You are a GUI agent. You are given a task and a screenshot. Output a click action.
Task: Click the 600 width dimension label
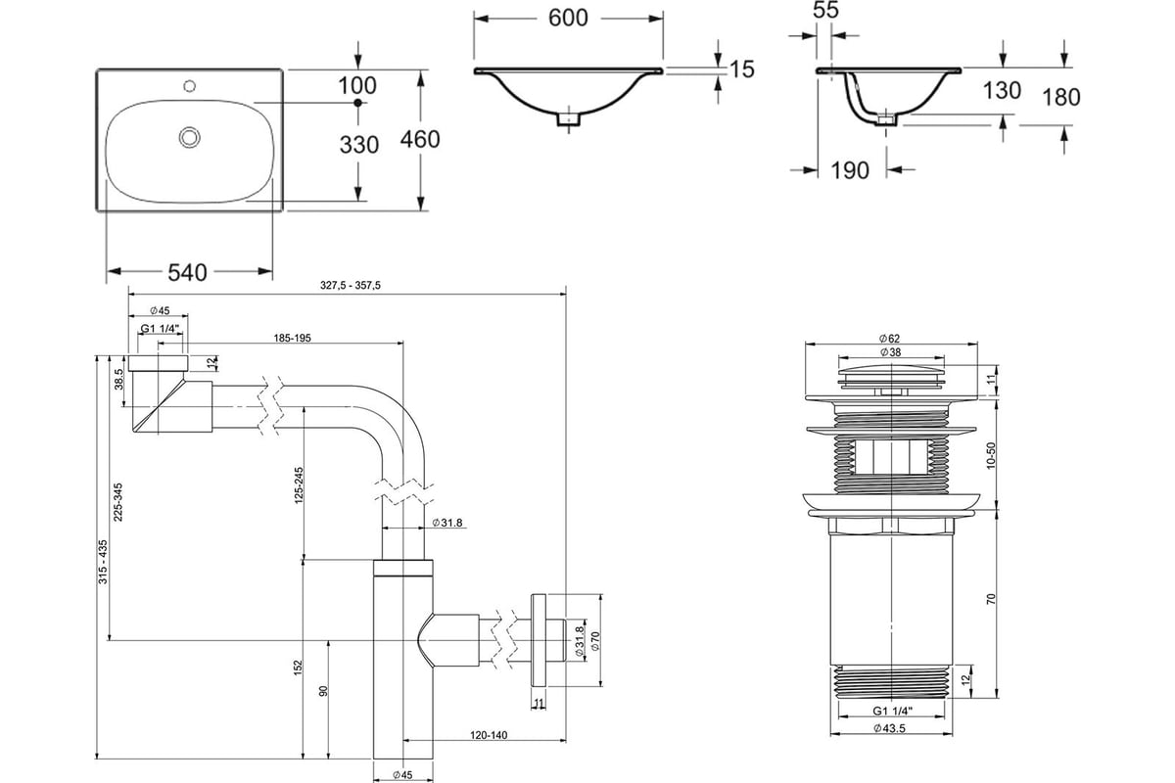click(568, 19)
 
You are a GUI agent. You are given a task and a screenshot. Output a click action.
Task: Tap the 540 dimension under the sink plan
click(187, 272)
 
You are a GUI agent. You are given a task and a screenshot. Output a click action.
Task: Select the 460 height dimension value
click(420, 140)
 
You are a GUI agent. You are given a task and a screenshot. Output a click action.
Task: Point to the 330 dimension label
click(358, 145)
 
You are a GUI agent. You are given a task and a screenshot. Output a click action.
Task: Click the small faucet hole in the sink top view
click(190, 85)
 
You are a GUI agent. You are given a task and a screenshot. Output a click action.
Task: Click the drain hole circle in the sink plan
click(189, 137)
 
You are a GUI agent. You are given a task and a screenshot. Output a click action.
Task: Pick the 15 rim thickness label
click(742, 69)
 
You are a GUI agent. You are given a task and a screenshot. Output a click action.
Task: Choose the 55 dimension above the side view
click(826, 10)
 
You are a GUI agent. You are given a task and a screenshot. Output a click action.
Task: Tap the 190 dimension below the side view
click(850, 170)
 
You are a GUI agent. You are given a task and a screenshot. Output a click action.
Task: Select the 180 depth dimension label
click(1060, 98)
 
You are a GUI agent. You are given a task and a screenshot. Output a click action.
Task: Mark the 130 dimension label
click(1002, 91)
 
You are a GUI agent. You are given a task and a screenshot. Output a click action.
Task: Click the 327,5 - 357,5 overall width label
click(351, 285)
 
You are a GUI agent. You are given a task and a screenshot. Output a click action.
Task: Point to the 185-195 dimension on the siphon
click(292, 339)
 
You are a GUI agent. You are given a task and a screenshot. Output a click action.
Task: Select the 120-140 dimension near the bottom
click(489, 735)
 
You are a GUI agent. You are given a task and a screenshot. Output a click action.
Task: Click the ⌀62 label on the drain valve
click(890, 339)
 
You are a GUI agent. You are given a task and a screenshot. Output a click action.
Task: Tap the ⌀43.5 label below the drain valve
click(890, 728)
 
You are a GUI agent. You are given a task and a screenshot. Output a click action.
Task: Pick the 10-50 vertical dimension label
click(990, 456)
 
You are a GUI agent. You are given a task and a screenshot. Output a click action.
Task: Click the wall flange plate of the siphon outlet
click(539, 640)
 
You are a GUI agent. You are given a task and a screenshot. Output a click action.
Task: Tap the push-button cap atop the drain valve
click(891, 375)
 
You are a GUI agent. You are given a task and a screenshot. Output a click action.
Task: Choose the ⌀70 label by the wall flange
click(595, 641)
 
